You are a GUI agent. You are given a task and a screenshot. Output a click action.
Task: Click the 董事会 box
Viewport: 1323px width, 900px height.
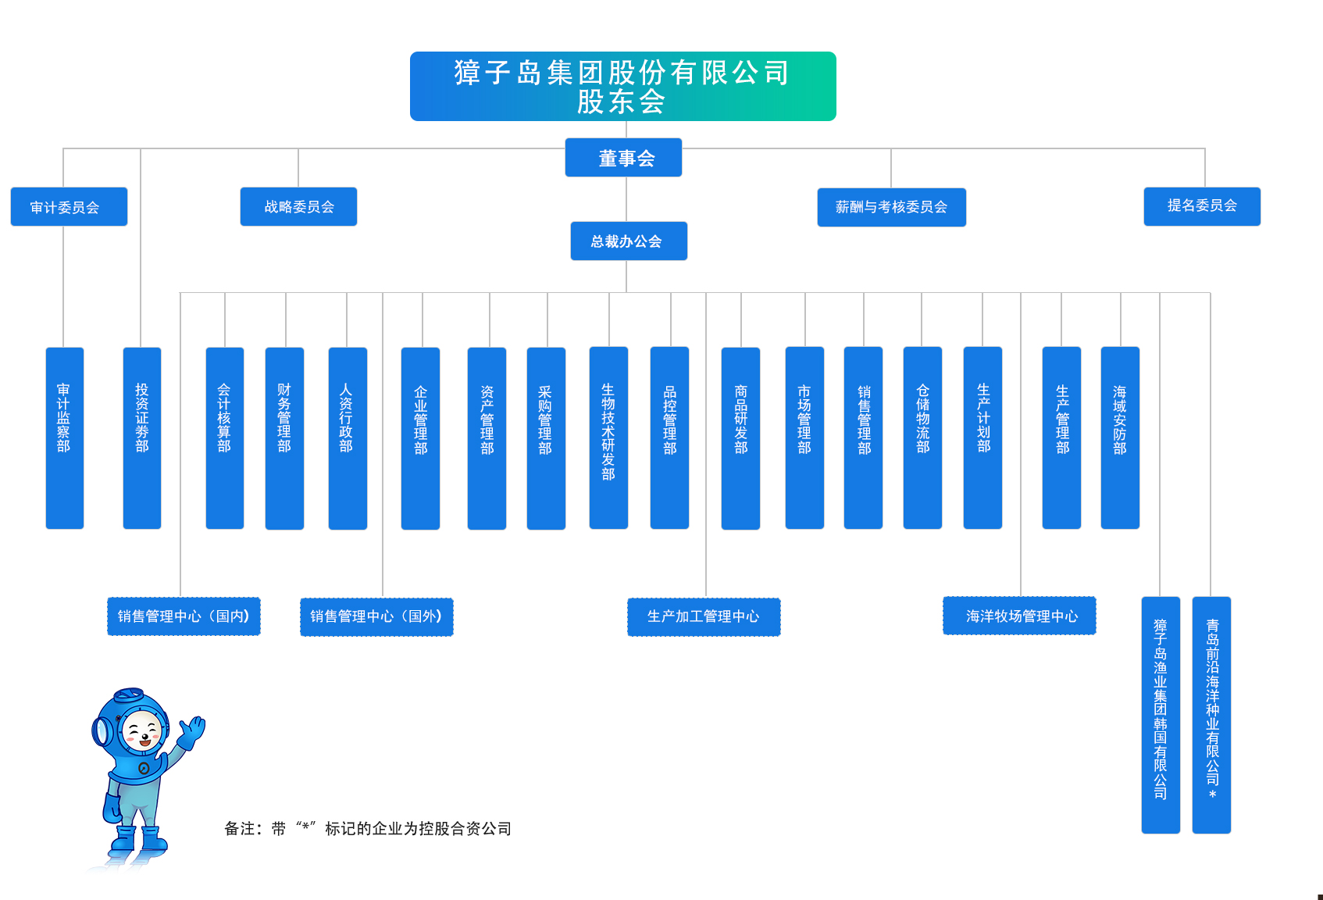click(x=623, y=158)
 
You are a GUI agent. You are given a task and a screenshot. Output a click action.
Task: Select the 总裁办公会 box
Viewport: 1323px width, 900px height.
click(x=629, y=241)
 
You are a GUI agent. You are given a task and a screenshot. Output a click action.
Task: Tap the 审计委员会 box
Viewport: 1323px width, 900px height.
click(x=69, y=207)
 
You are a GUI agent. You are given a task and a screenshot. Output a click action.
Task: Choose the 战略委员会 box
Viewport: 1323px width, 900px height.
click(x=298, y=207)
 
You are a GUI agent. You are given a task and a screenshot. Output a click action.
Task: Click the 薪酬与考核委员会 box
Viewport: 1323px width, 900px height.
click(x=891, y=207)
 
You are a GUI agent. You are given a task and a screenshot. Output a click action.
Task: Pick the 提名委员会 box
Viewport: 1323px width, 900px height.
click(x=1202, y=206)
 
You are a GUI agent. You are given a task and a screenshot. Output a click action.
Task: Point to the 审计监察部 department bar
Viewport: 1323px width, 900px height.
click(x=64, y=437)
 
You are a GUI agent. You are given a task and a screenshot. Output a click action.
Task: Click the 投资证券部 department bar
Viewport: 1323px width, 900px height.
click(x=141, y=437)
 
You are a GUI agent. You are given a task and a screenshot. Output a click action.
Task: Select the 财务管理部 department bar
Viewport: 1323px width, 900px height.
click(x=284, y=437)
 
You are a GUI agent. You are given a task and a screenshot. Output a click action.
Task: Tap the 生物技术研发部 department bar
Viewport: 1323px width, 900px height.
click(x=608, y=437)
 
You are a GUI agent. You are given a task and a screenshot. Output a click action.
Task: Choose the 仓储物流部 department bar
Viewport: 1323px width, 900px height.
click(x=922, y=437)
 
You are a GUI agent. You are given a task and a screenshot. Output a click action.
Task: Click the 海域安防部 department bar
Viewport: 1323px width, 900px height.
click(x=1120, y=437)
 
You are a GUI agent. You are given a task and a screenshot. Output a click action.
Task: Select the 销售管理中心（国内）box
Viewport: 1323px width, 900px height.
click(x=184, y=616)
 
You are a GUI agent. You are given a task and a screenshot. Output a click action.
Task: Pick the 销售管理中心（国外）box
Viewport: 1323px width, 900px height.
click(x=376, y=616)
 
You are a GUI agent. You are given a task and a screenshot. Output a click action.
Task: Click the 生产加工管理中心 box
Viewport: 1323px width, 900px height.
click(x=704, y=616)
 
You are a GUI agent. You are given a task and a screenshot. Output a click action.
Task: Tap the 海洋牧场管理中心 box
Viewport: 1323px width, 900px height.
click(x=1019, y=616)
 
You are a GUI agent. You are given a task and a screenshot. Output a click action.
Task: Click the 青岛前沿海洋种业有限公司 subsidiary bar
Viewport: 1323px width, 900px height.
click(x=1211, y=714)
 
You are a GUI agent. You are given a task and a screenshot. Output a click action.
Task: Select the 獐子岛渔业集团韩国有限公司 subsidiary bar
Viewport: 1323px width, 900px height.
click(x=1161, y=714)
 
